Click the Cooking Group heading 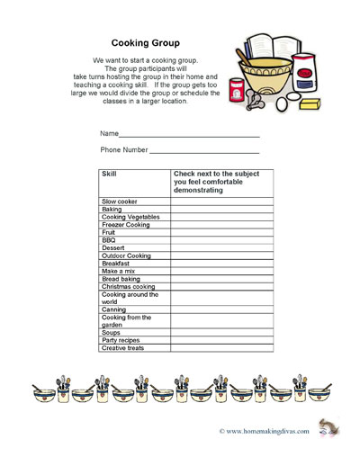[145, 42]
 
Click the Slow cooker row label [120, 202]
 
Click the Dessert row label [113, 248]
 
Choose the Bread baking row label [121, 279]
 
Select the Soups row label [112, 333]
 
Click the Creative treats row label [123, 348]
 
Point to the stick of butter [310, 105]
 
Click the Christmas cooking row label [129, 287]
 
